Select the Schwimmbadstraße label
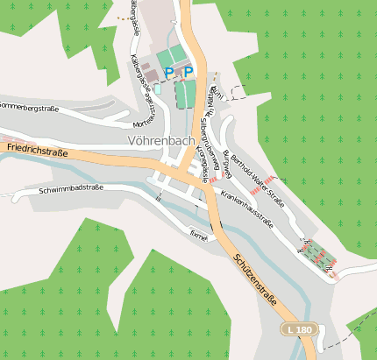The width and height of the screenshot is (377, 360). pos(71,188)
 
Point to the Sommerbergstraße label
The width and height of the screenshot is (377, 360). pos(29,109)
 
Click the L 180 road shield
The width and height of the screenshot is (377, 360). pos(298,328)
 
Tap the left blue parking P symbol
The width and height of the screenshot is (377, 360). pos(169,73)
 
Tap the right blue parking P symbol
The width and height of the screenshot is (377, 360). pos(188,72)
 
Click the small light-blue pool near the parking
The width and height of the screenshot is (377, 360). pos(158,88)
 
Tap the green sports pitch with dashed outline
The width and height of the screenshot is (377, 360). pos(185,95)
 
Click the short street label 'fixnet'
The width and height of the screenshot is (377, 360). pos(199,235)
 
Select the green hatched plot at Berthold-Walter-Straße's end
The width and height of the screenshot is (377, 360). pos(316,253)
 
